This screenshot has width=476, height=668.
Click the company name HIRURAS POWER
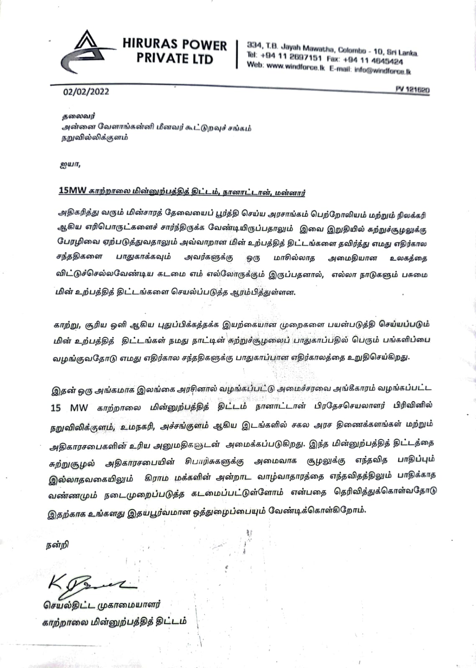tap(174, 45)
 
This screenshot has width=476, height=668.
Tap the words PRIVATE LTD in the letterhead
tap(174, 58)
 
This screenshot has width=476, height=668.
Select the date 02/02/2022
tap(86, 91)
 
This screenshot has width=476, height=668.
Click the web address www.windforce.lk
tap(295, 67)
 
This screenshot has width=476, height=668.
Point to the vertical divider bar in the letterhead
tap(237, 54)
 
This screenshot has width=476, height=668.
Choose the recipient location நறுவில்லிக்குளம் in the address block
tap(93, 137)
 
